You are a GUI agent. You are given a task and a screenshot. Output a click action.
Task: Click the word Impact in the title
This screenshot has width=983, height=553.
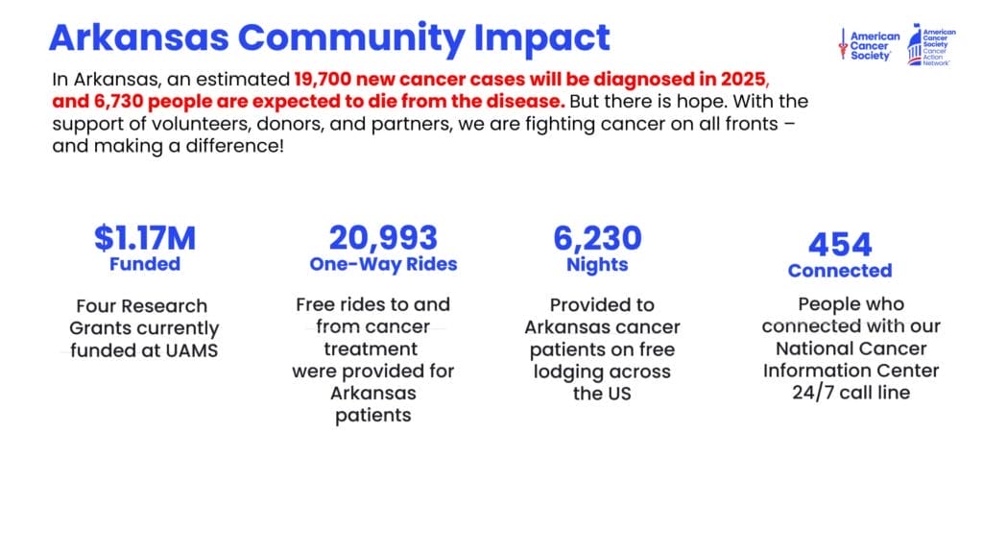(x=541, y=38)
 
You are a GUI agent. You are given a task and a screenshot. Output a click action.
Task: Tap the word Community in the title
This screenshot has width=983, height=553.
(x=351, y=38)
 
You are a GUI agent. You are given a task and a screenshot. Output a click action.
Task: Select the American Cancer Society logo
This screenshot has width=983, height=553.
(x=869, y=45)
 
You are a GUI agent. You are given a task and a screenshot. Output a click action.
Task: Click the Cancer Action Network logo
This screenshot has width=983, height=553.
(x=931, y=45)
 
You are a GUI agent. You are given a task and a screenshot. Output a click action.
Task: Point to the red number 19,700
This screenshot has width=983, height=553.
(x=323, y=80)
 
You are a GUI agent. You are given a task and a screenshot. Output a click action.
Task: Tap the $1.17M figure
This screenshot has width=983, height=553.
(x=145, y=238)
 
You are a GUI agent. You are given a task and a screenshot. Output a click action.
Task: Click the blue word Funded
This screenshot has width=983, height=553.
(x=145, y=264)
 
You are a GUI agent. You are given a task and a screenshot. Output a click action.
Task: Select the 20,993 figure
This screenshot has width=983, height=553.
(x=383, y=238)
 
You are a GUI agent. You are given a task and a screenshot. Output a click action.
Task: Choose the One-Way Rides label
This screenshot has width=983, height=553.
(x=383, y=264)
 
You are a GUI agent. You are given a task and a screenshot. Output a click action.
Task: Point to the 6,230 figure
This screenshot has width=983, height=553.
(x=597, y=238)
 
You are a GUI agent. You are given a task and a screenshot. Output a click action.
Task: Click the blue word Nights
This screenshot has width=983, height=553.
(x=597, y=265)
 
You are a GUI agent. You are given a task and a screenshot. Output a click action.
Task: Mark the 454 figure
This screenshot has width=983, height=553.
(x=840, y=245)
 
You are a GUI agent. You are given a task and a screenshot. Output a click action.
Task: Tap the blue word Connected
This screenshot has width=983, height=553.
(x=840, y=271)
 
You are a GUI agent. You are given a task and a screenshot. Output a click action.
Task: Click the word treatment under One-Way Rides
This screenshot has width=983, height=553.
(x=371, y=349)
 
